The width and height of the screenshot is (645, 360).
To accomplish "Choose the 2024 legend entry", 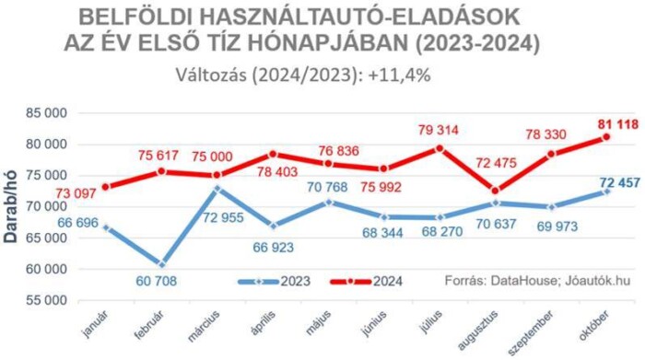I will pos(368,280).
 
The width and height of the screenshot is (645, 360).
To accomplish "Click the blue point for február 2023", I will pos(162,264).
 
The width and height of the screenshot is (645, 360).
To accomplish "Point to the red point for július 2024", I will pos(440,148).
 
